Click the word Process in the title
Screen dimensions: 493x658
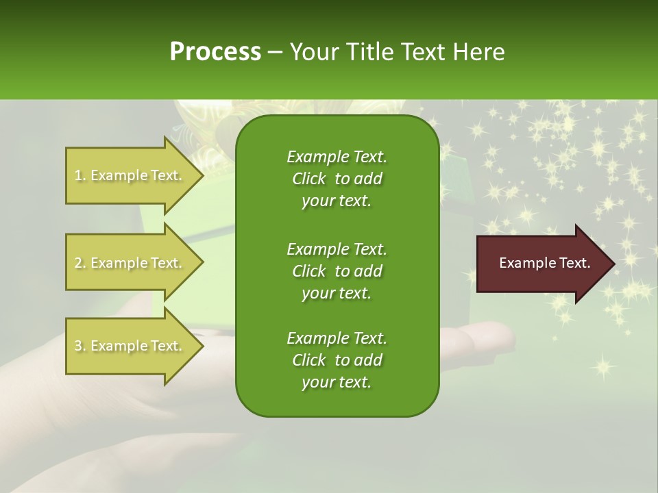pyautogui.click(x=215, y=52)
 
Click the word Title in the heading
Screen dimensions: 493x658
pyautogui.click(x=374, y=52)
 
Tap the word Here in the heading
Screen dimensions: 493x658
pyautogui.click(x=479, y=52)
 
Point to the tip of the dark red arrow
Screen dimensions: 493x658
pyautogui.click(x=613, y=264)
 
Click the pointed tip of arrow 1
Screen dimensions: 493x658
pyautogui.click(x=202, y=175)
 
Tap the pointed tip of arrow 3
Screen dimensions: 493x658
pyautogui.click(x=202, y=346)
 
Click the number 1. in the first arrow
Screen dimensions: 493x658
pyautogui.click(x=80, y=175)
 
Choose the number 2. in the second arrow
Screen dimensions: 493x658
pyautogui.click(x=80, y=263)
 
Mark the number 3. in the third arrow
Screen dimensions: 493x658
pyautogui.click(x=80, y=346)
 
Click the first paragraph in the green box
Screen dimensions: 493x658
pyautogui.click(x=337, y=179)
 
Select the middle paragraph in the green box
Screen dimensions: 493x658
pyautogui.click(x=337, y=270)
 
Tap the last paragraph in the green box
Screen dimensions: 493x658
pyautogui.click(x=337, y=360)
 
